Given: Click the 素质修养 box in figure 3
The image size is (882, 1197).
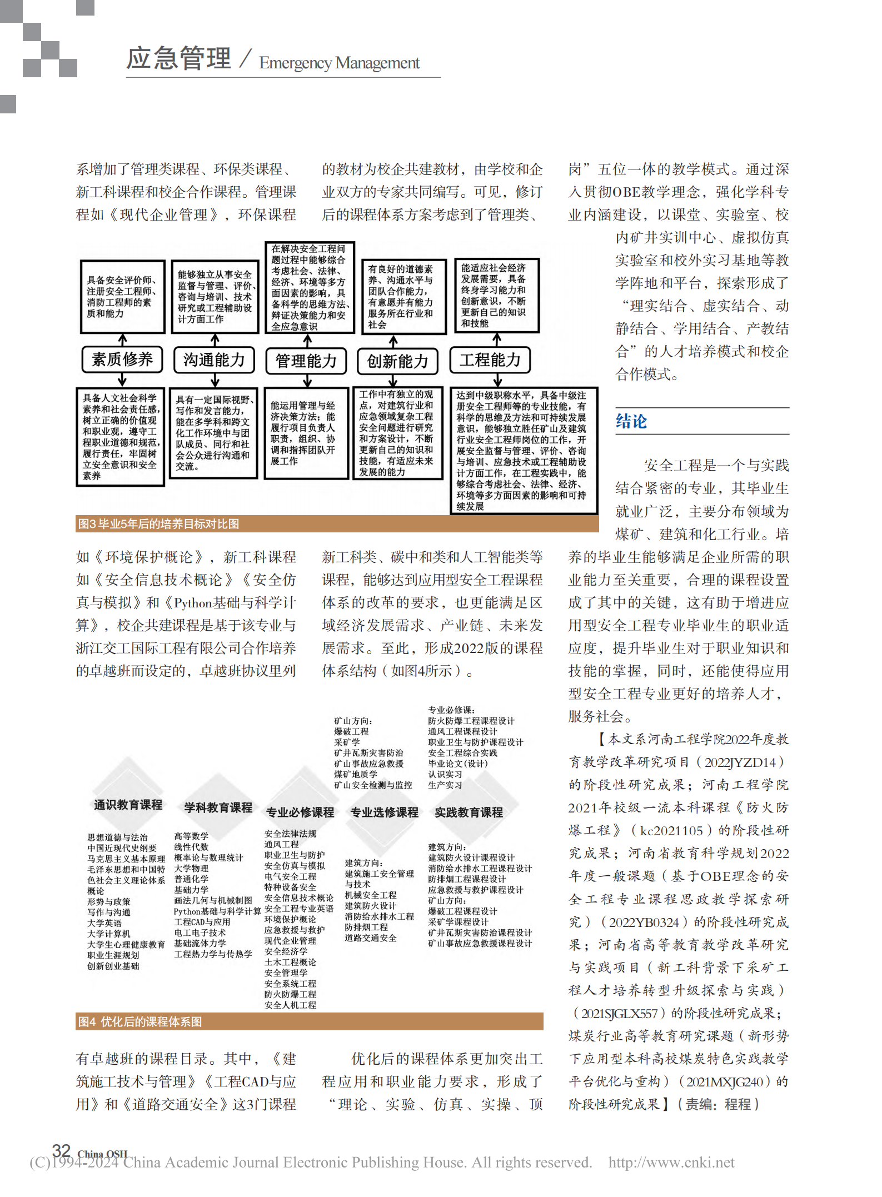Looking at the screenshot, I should (x=122, y=360).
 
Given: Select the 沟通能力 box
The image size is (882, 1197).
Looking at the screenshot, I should (x=214, y=360).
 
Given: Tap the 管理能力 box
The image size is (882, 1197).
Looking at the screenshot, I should (x=306, y=361).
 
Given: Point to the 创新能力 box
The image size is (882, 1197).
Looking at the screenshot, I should (x=397, y=361).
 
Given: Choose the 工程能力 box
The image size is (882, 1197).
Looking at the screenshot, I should (x=490, y=360).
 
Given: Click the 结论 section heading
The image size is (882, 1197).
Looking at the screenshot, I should (x=631, y=421).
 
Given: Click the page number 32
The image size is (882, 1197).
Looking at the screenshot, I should (x=61, y=1151).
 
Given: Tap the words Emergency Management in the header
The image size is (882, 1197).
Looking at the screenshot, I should (x=339, y=63).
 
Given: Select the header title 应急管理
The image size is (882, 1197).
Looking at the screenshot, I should (x=179, y=58).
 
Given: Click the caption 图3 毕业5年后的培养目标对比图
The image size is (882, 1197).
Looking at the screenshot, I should (x=159, y=524).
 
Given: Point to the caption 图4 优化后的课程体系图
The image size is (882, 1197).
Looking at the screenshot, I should (x=140, y=1021).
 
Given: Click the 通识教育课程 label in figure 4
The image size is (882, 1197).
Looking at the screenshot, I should (x=128, y=805).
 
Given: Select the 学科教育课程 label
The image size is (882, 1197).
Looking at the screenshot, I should (x=218, y=807).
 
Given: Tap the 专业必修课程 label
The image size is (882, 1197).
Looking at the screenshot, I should (x=300, y=812).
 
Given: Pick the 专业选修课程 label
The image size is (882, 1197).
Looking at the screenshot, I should (x=384, y=812).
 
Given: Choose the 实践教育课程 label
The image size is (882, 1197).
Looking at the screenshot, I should (x=469, y=812).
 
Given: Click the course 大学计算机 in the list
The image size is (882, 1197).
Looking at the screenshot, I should (x=109, y=934).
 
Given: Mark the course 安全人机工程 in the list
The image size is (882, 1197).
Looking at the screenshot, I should (x=290, y=1005).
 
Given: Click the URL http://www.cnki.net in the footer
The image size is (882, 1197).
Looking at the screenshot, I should (x=671, y=1163).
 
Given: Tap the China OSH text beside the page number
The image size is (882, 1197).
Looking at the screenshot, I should (x=102, y=1154).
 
